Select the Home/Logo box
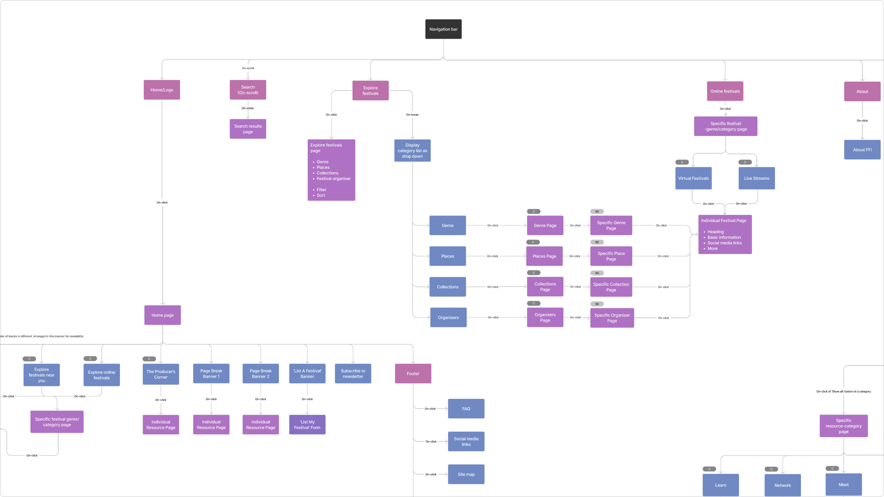[x=162, y=90]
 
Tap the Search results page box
[x=248, y=129]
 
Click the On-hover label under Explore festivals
[x=412, y=115]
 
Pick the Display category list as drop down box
[x=412, y=151]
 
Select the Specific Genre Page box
[x=611, y=225]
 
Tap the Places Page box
[x=544, y=256]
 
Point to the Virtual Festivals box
[x=693, y=178]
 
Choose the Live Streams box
[x=756, y=178]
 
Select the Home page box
[x=162, y=315]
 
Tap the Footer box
[x=413, y=373]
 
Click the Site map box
[x=466, y=474]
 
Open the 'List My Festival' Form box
[x=307, y=425]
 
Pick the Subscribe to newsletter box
[x=353, y=373]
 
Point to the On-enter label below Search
[x=248, y=108]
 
